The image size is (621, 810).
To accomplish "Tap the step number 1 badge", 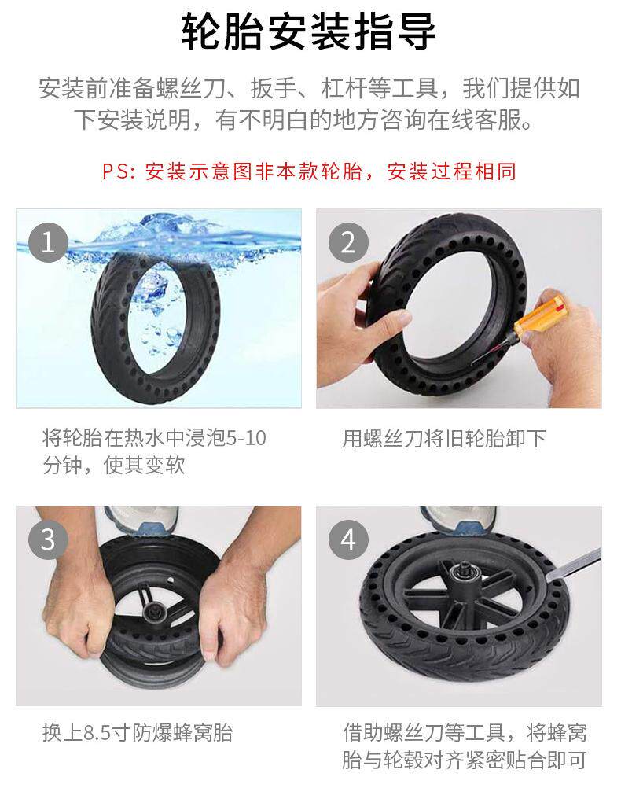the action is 48,242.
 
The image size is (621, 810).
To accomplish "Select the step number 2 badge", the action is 348,242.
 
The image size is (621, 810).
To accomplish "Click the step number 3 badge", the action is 48,539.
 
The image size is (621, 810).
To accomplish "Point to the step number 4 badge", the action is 348,539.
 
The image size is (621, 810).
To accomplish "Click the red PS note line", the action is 309,171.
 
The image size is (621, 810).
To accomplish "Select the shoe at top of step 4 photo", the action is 458,519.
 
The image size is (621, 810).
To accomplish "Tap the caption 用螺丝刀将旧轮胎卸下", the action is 444,439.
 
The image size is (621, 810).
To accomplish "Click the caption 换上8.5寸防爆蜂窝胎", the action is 138,732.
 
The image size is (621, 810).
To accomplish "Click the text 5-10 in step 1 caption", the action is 246,439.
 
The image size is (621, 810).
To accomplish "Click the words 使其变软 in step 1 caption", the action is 145,466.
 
